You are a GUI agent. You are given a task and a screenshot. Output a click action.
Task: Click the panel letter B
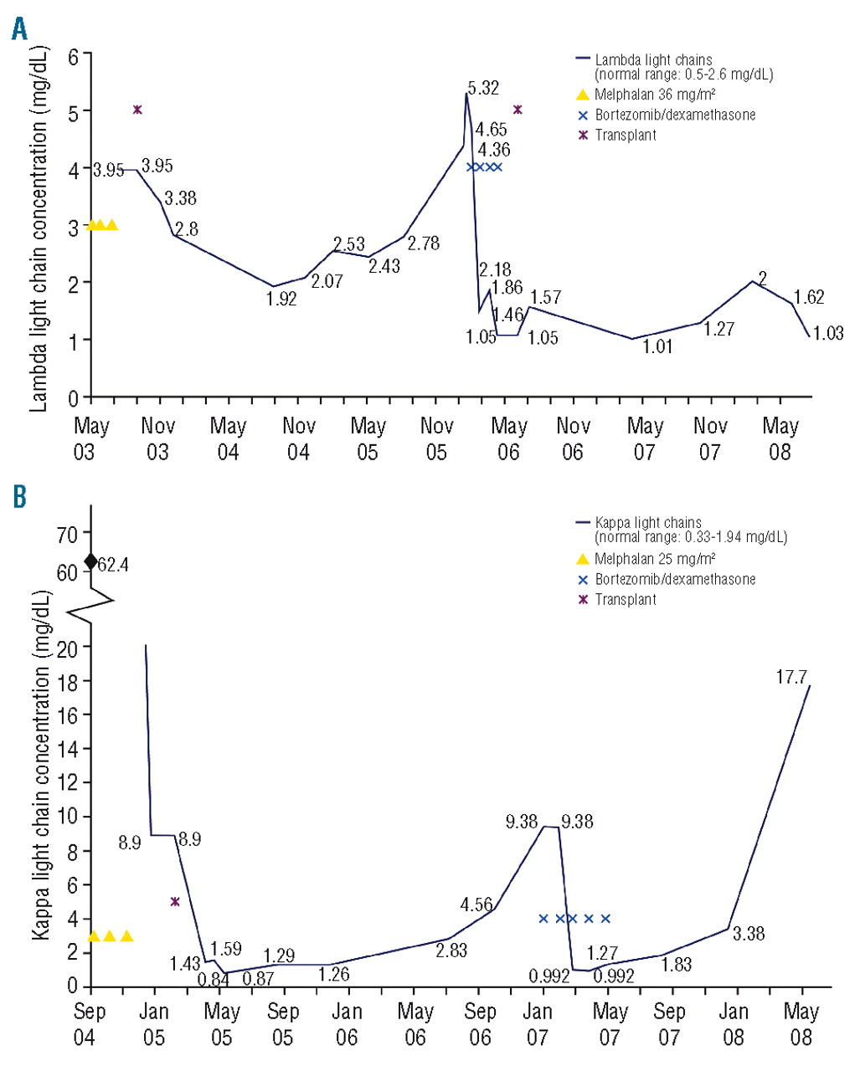(x=18, y=496)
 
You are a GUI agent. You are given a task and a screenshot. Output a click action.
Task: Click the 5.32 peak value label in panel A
(x=483, y=88)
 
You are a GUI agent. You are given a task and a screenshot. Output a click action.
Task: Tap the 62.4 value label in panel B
(x=113, y=566)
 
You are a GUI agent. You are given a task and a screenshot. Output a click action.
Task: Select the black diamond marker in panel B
(x=90, y=561)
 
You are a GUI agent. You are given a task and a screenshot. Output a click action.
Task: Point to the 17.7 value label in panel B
(x=790, y=677)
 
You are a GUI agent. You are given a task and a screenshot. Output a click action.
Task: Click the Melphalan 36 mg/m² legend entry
(x=654, y=95)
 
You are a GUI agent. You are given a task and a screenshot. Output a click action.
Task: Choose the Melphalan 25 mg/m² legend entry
(x=654, y=559)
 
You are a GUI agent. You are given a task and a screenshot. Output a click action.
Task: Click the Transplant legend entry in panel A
(x=625, y=135)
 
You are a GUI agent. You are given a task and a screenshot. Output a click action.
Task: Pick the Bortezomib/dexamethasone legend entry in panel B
(x=674, y=579)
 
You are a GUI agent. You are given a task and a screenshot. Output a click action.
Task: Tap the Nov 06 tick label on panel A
(x=573, y=438)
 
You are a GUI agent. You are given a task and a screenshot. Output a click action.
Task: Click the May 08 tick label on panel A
(x=780, y=438)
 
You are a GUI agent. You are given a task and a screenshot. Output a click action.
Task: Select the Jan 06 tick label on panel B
(x=347, y=1024)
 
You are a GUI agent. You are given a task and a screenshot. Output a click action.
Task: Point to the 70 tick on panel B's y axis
(x=68, y=534)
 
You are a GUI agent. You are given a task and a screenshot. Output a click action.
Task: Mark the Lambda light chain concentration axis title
(x=39, y=228)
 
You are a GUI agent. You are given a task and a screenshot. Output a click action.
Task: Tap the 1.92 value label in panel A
(x=281, y=299)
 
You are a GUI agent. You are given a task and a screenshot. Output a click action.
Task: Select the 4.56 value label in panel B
(x=476, y=904)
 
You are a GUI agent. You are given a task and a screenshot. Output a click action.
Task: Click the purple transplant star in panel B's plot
(x=175, y=901)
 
